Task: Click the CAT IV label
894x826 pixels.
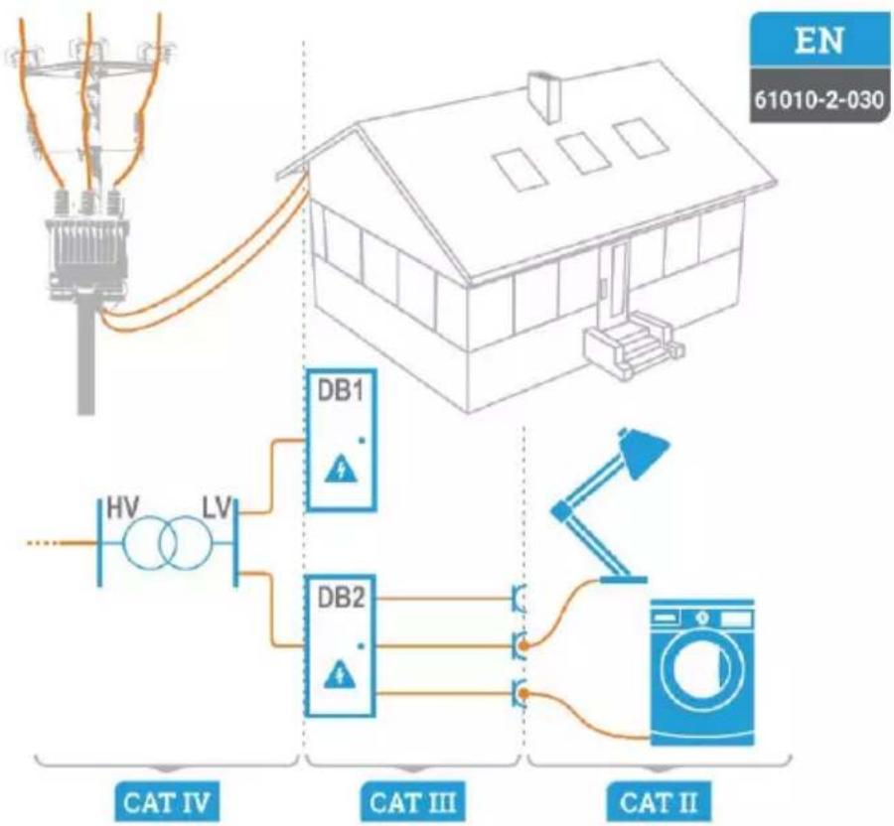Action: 167,802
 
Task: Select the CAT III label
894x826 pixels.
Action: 412,802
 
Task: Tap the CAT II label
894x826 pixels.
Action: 658,802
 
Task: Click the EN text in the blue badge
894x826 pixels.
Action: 819,41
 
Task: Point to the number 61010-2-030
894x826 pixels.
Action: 819,100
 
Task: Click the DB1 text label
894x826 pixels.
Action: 340,391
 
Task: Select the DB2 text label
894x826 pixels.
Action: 340,598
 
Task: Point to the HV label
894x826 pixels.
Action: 123,508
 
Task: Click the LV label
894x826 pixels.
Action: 218,508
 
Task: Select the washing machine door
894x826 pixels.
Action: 702,667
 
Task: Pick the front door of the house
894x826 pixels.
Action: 618,280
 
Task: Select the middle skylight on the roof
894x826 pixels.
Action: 580,153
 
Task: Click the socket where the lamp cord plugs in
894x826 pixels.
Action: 521,645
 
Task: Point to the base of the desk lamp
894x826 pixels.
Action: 623,580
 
